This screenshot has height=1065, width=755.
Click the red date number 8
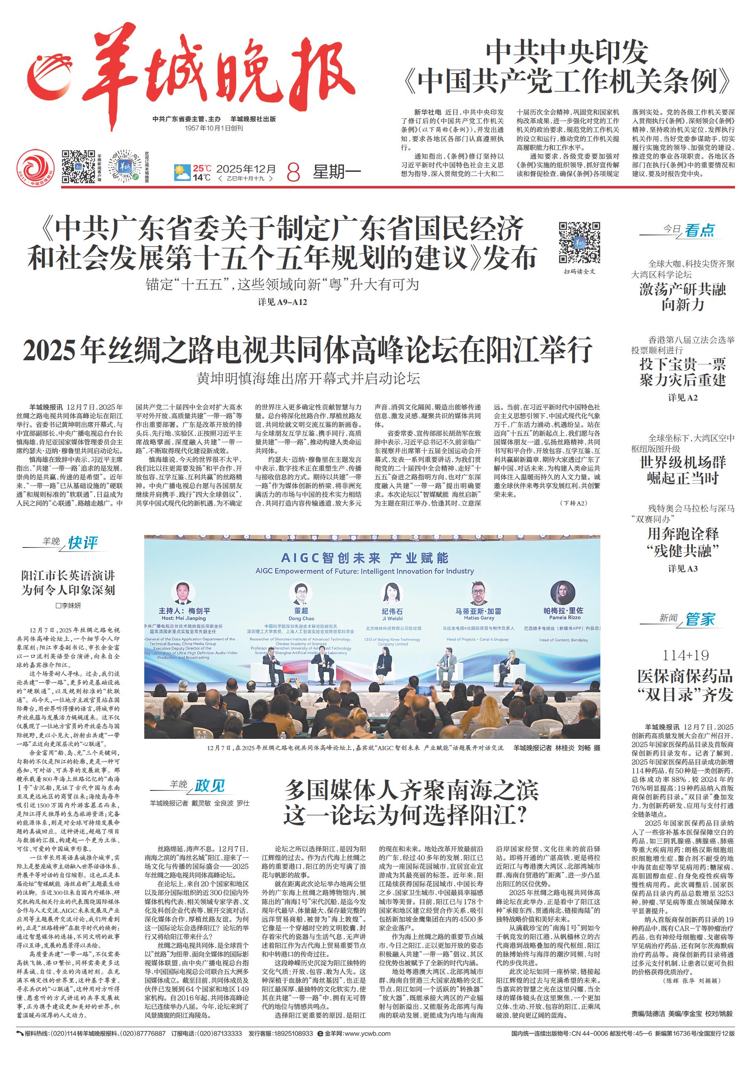pos(294,173)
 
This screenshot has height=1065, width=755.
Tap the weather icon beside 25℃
pos(182,173)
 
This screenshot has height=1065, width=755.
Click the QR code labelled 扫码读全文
pos(579,243)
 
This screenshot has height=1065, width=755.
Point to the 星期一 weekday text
pos(337,172)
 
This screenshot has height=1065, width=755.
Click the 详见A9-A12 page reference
pos(283,302)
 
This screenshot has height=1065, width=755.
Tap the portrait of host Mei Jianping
pos(183,593)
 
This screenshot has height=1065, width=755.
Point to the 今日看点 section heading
pos(688,230)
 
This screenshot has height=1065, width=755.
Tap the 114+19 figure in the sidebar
pos(685,656)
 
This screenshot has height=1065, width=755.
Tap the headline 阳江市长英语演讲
pos(68,576)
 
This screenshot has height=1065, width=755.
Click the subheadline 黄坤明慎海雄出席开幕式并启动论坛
pos(308,379)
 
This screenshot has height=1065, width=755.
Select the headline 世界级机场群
pos(683,463)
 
